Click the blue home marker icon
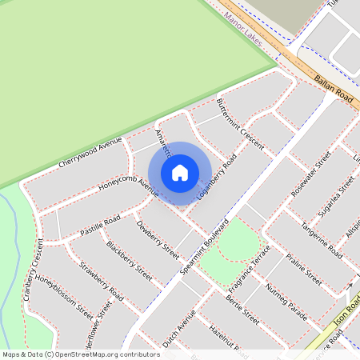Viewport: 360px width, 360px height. tap(180, 172)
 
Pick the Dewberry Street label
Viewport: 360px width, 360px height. tap(158, 239)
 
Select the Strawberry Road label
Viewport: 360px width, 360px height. tap(101, 282)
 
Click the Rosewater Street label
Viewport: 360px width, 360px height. tap(311, 174)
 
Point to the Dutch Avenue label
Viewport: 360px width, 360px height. tap(178, 328)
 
